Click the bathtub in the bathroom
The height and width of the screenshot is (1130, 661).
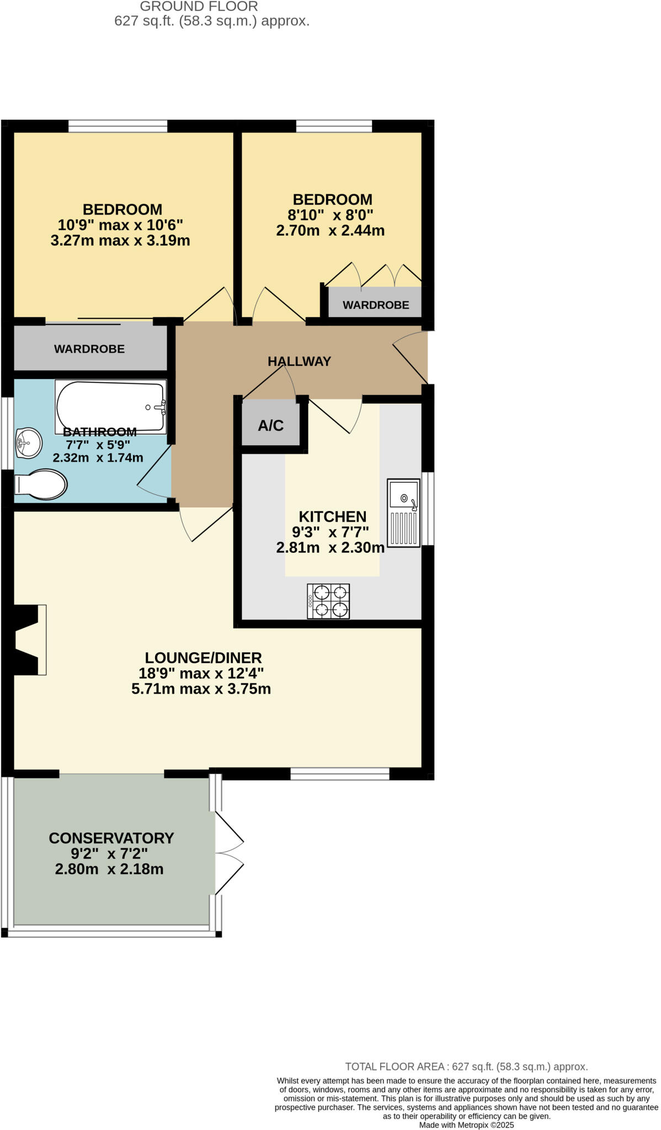tap(110, 407)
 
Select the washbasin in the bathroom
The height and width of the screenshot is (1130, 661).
tap(29, 443)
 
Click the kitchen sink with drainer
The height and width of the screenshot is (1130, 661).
tap(403, 513)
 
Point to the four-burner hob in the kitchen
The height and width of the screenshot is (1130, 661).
tap(328, 601)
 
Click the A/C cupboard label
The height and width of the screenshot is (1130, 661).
tap(271, 425)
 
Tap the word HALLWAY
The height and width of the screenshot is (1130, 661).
tap(299, 361)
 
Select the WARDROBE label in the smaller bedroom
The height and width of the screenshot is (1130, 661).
tap(376, 305)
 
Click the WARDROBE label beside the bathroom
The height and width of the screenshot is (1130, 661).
tap(89, 349)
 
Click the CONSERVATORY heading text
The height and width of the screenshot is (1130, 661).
tap(111, 838)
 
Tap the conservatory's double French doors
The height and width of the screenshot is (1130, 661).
tap(229, 853)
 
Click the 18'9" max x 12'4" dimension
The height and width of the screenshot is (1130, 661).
tap(201, 673)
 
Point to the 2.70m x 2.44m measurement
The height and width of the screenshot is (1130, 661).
tap(330, 231)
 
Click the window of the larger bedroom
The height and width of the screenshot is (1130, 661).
tap(118, 126)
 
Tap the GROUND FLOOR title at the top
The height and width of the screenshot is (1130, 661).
tap(199, 7)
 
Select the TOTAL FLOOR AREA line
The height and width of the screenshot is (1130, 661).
tap(466, 1067)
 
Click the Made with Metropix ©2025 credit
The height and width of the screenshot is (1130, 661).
tap(466, 1124)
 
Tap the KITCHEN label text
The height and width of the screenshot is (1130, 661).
tap(332, 516)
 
